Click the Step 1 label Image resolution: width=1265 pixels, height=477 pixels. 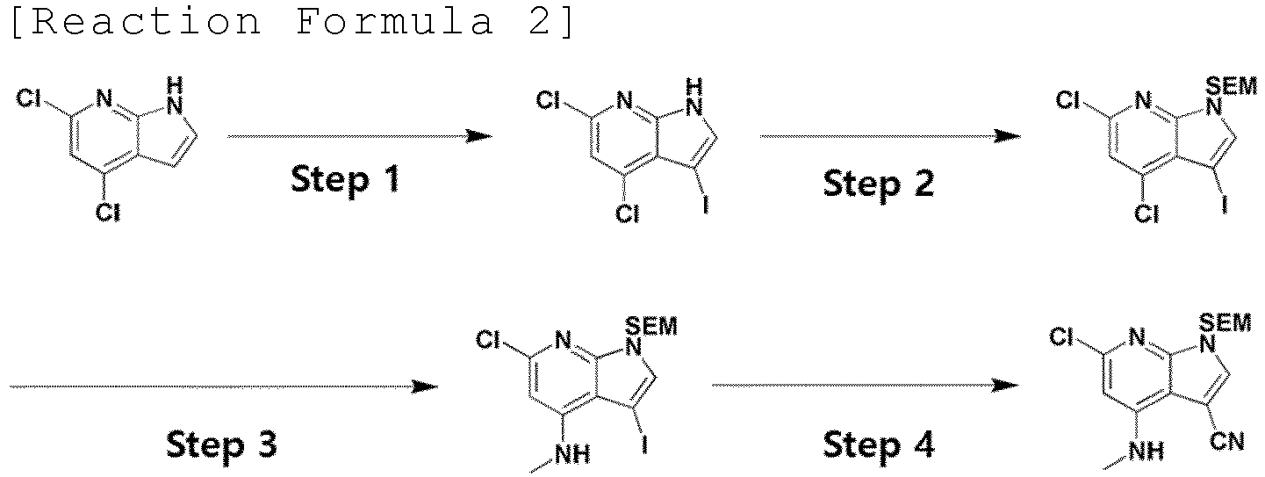pyautogui.click(x=345, y=180)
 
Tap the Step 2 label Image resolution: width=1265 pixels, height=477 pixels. pyautogui.click(x=879, y=184)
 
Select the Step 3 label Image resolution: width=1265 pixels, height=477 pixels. pyautogui.click(x=222, y=444)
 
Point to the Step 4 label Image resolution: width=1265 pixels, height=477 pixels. pyautogui.click(x=879, y=444)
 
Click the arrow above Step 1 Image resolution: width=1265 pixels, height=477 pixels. pyautogui.click(x=360, y=136)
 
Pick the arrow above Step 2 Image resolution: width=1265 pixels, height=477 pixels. pyautogui.click(x=890, y=136)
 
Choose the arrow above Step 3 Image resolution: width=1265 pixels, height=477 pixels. pyautogui.click(x=224, y=387)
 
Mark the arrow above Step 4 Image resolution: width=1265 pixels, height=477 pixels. pyautogui.click(x=866, y=386)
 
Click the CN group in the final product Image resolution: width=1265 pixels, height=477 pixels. pyautogui.click(x=1227, y=441)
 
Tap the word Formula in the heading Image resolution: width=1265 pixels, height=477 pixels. pyautogui.click(x=394, y=21)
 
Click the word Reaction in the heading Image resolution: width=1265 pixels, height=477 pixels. pyautogui.click(x=147, y=21)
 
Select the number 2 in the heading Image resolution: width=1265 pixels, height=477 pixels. pyautogui.click(x=539, y=21)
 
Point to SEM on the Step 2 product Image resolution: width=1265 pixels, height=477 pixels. pyautogui.click(x=1231, y=86)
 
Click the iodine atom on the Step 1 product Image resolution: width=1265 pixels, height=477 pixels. pyautogui.click(x=705, y=204)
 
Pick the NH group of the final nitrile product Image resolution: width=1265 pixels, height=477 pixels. pyautogui.click(x=1146, y=451)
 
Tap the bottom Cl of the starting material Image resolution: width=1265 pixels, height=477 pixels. pyautogui.click(x=107, y=213)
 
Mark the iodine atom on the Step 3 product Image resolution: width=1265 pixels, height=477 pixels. pyautogui.click(x=644, y=444)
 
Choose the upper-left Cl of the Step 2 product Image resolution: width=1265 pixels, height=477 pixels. pyautogui.click(x=1067, y=101)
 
